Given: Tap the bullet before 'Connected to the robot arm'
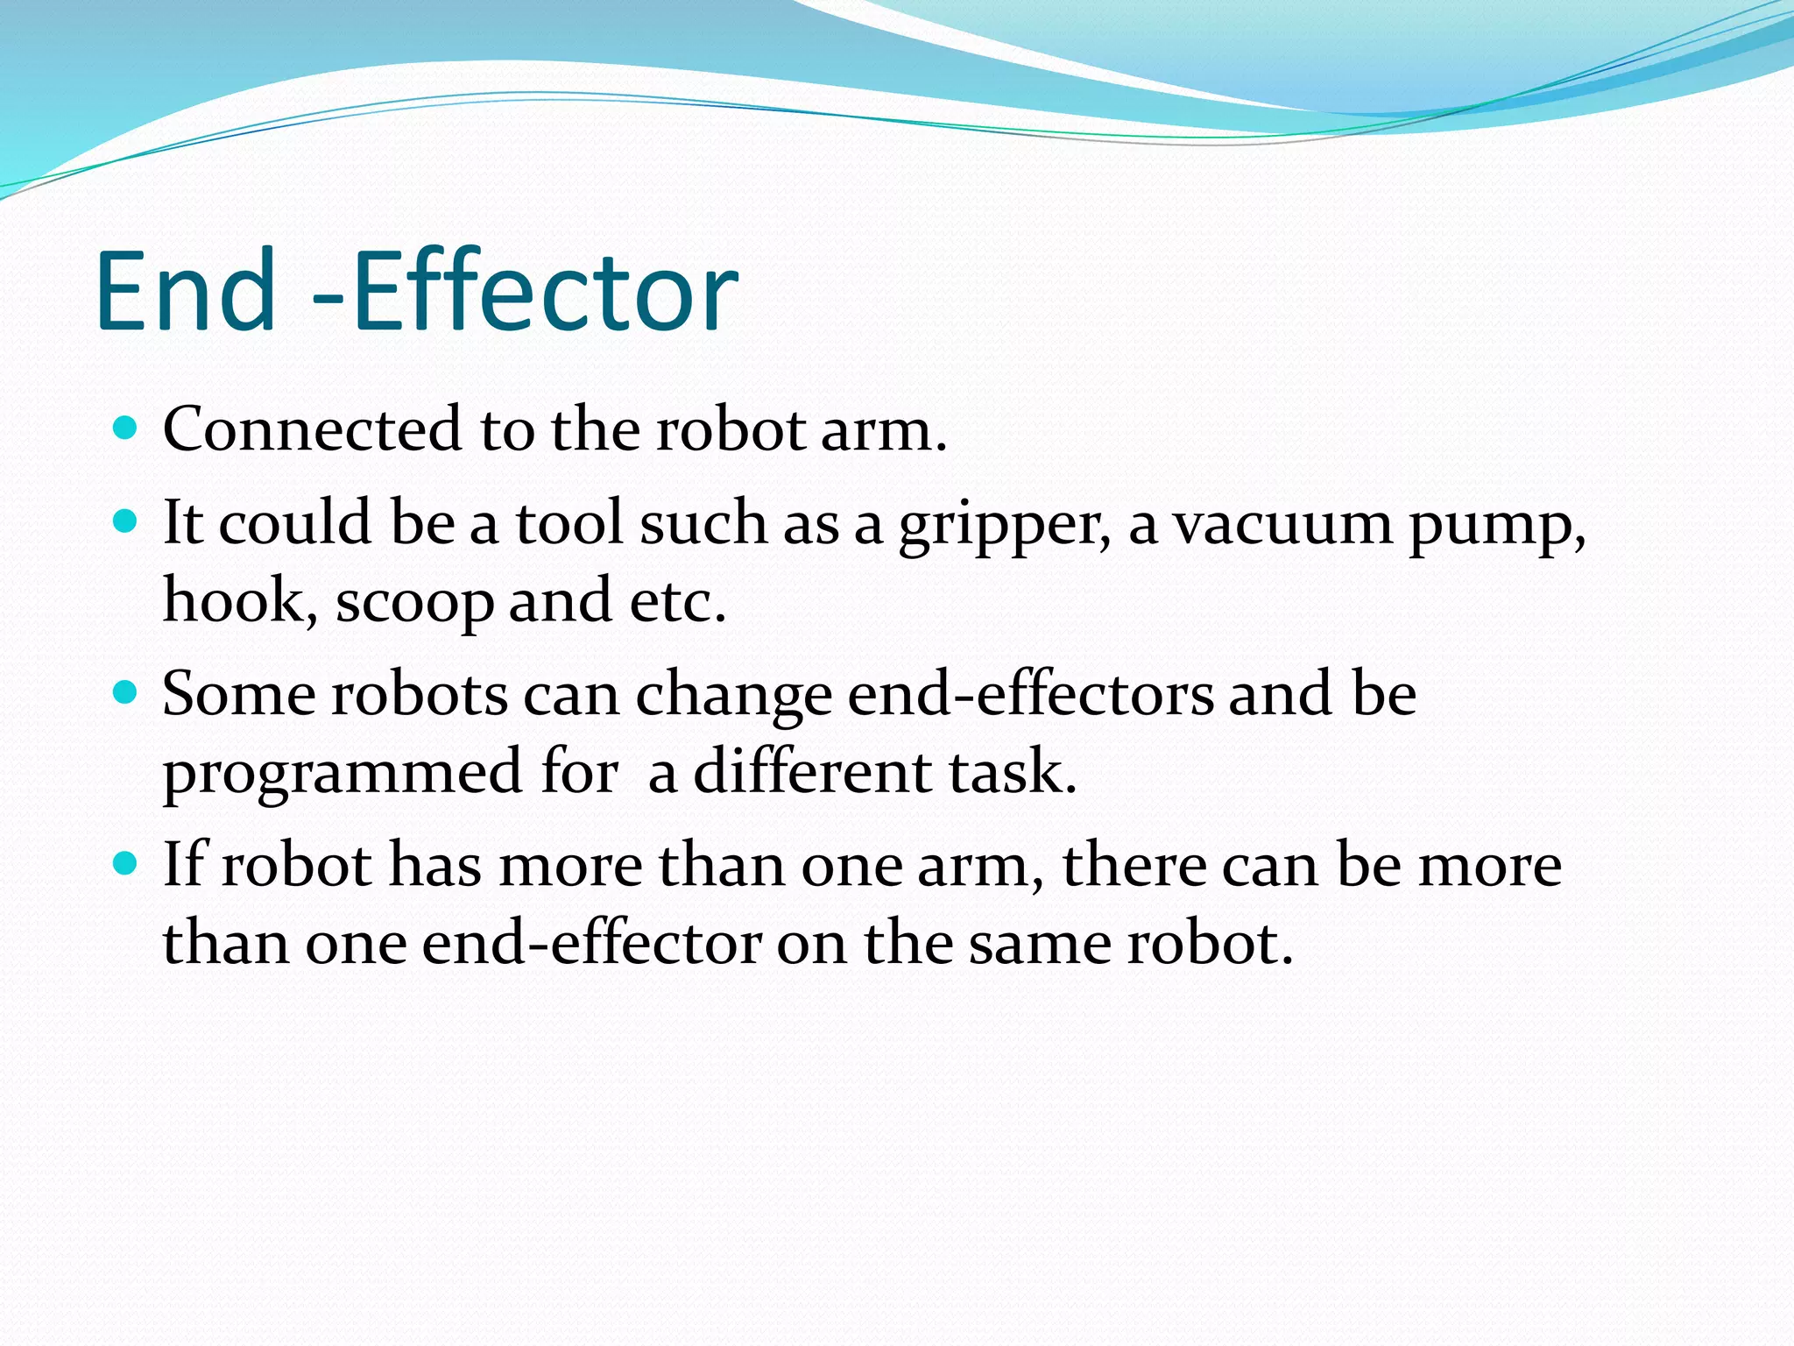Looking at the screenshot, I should [127, 429].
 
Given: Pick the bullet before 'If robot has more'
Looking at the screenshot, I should [127, 864].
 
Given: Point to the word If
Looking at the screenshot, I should [184, 864].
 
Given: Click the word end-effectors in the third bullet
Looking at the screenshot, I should [1031, 694].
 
